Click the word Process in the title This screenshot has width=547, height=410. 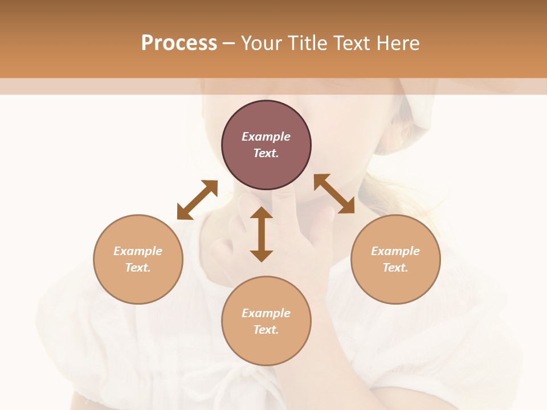[x=179, y=43]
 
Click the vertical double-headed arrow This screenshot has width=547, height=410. [x=262, y=234]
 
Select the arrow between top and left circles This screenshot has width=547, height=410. [x=197, y=200]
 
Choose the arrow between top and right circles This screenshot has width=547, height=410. [x=334, y=194]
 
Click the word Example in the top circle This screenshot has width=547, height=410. [x=266, y=137]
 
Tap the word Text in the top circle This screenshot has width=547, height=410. [x=266, y=153]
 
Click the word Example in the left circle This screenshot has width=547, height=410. [x=138, y=251]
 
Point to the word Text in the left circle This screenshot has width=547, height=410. [x=138, y=268]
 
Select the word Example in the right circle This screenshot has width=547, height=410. [x=395, y=251]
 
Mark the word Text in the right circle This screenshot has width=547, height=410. [x=395, y=268]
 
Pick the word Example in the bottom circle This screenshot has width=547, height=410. [x=266, y=313]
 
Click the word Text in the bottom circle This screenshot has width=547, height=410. [x=266, y=330]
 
